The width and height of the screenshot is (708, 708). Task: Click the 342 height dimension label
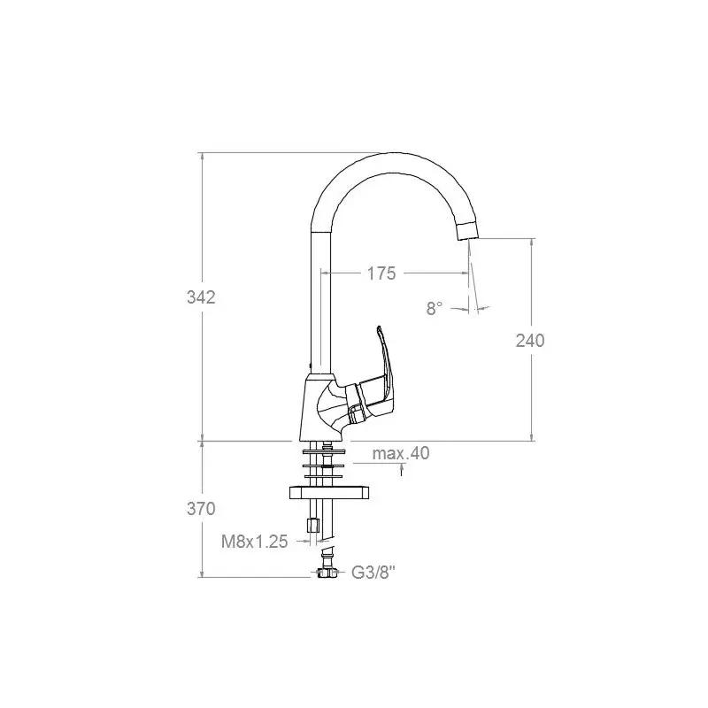point(202,297)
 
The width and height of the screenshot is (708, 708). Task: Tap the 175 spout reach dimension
point(381,273)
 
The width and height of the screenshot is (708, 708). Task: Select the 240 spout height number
point(530,341)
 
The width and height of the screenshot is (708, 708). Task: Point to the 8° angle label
point(434,308)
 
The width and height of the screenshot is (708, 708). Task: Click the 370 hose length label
point(202,509)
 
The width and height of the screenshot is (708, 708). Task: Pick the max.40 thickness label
point(401,453)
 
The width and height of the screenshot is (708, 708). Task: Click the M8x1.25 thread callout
point(255,542)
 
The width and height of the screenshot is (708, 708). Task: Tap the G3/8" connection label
point(373,573)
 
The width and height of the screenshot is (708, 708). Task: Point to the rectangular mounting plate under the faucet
point(329,493)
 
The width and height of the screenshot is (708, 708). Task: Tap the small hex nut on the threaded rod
point(313,525)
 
